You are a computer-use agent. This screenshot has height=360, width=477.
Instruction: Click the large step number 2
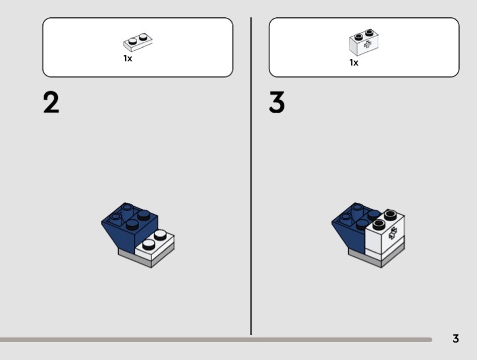(x=51, y=103)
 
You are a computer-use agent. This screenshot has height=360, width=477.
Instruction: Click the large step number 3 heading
(x=277, y=103)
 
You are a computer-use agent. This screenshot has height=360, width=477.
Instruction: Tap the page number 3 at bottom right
(x=456, y=339)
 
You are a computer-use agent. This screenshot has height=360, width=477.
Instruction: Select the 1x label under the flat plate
(x=128, y=58)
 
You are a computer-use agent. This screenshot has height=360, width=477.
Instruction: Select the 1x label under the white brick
(x=354, y=63)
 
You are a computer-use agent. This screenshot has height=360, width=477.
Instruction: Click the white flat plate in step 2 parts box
(x=138, y=42)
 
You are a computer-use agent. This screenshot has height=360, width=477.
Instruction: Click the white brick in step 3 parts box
(x=364, y=42)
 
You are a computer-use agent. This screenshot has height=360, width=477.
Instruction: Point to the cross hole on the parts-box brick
(x=368, y=45)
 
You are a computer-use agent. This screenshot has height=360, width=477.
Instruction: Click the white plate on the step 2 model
(x=154, y=246)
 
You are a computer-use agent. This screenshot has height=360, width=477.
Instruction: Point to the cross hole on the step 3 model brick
(x=392, y=233)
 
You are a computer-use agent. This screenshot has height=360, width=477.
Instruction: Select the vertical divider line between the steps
(x=251, y=176)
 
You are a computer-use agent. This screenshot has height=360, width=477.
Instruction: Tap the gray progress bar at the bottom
(x=216, y=340)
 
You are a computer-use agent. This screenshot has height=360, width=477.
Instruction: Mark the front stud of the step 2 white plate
(x=148, y=244)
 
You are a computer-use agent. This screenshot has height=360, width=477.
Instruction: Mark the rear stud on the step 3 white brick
(x=391, y=215)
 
